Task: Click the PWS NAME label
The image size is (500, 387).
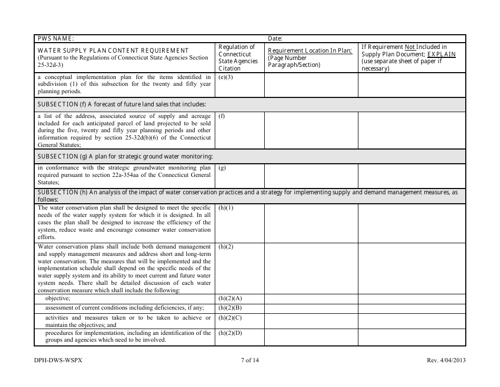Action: tap(56, 38)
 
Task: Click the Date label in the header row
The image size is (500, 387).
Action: tap(275, 38)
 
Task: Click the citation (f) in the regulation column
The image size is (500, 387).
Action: tap(222, 116)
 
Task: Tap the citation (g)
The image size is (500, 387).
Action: tap(222, 168)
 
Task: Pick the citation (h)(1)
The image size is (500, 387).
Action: tap(226, 208)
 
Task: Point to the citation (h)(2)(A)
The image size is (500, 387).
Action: tap(230, 299)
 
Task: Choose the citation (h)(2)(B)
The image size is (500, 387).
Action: tap(230, 308)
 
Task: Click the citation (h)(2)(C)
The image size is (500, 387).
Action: tap(230, 318)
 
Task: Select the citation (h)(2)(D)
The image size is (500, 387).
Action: tap(230, 333)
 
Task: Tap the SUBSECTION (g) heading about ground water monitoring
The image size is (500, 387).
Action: tap(125, 156)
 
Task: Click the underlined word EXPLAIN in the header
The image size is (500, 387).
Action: tap(441, 54)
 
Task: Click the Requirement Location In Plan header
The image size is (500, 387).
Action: tap(310, 51)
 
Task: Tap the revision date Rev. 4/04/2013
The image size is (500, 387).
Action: tap(446, 361)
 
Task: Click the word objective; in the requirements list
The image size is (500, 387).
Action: tap(58, 299)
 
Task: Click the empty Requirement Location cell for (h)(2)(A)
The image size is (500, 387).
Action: tap(311, 299)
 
